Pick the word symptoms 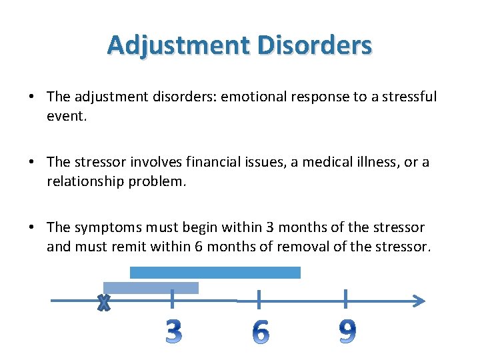click(100, 227)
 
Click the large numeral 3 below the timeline click(173, 331)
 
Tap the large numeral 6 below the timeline click(261, 331)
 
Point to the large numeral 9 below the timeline click(347, 331)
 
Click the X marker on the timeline click(103, 303)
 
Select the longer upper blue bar click(215, 272)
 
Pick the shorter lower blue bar click(151, 287)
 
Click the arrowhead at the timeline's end click(418, 301)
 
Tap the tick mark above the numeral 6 click(259, 299)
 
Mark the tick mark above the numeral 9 click(345, 299)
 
